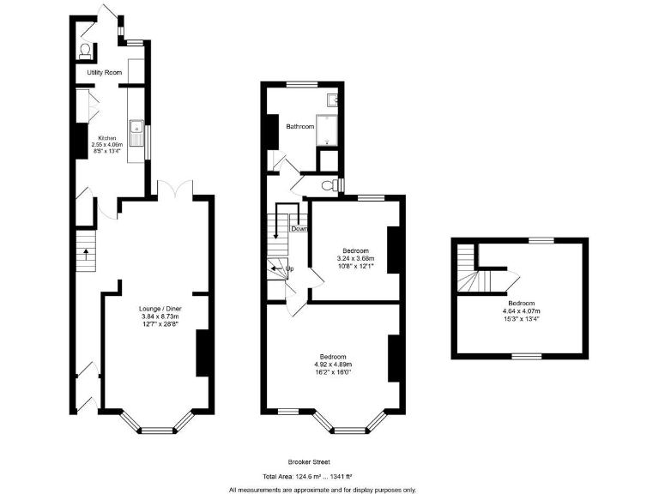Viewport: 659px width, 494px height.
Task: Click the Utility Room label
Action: [x=101, y=74]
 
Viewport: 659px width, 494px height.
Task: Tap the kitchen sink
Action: [x=136, y=132]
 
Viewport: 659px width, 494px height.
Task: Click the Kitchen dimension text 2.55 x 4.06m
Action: [x=107, y=145]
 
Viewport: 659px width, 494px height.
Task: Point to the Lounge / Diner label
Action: [x=160, y=308]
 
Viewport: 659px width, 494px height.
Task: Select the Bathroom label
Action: [x=300, y=127]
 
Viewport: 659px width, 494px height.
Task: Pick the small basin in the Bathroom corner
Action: [x=336, y=100]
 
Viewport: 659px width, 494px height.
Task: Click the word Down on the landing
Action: [x=299, y=229]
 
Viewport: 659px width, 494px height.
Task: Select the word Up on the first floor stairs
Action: [x=290, y=268]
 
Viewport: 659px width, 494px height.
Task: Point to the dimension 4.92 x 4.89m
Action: [x=333, y=364]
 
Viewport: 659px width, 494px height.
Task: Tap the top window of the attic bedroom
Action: [x=540, y=241]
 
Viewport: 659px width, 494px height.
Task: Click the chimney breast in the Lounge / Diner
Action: [x=203, y=352]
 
